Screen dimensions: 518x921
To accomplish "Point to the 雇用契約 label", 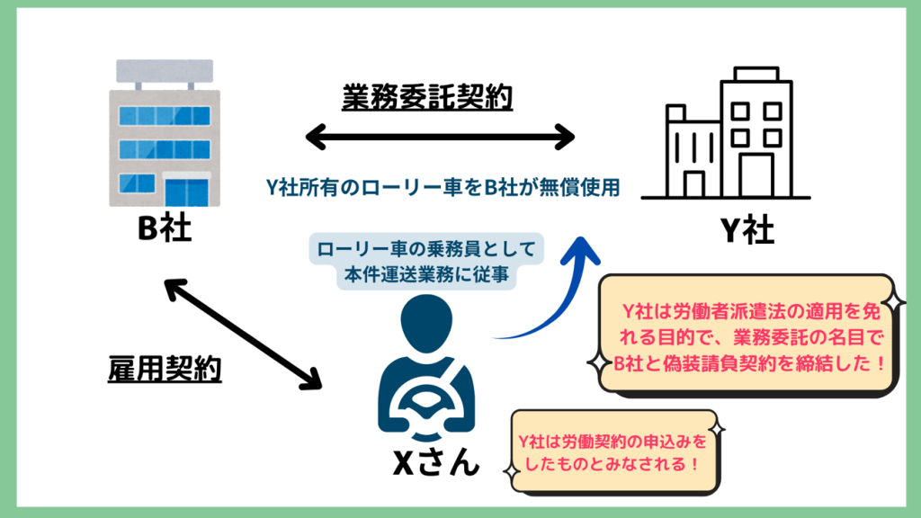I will pos(158,369).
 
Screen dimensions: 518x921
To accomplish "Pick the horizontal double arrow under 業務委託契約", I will pos(440,138).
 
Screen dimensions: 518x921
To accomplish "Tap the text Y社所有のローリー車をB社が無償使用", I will pos(440,186).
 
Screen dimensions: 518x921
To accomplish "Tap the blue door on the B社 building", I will pos(191,192).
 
